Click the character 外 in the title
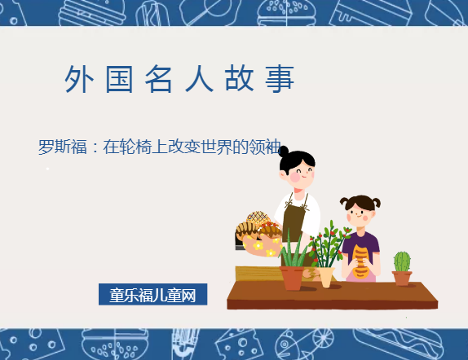76,79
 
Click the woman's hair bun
286,150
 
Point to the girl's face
360,214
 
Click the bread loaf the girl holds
360,260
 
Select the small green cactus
402,261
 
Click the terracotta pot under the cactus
402,278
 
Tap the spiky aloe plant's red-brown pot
292,278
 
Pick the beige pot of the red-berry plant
326,276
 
